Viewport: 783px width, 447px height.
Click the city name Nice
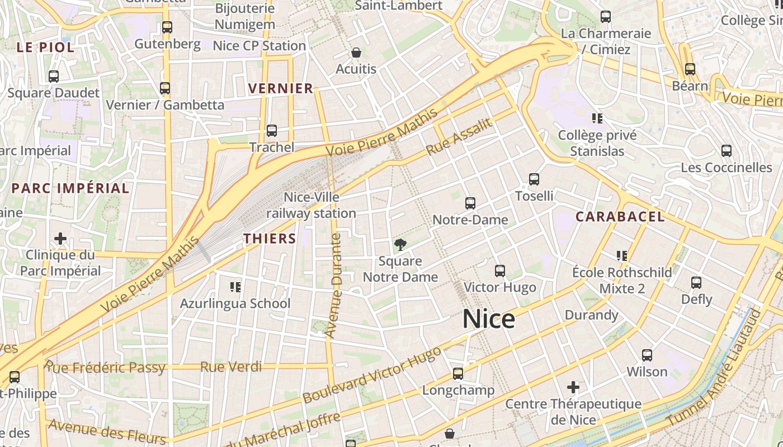coord(489,319)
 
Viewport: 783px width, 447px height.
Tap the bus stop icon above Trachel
coord(272,131)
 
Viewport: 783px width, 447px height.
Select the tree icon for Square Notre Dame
coord(400,244)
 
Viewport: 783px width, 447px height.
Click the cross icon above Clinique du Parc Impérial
coord(60,239)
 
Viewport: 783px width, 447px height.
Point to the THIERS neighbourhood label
coord(270,239)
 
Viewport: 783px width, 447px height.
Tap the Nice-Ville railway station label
coord(311,205)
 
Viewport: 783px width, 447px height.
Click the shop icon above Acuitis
coord(356,53)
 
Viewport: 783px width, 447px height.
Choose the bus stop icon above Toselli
coord(534,179)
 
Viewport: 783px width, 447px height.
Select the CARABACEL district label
coord(620,217)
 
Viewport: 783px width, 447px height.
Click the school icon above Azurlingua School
coord(235,287)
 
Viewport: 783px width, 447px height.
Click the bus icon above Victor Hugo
coord(500,271)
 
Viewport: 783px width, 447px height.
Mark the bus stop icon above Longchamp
coord(458,374)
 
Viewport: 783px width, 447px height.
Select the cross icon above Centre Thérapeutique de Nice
coord(573,387)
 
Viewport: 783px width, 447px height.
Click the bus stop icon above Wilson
coord(647,355)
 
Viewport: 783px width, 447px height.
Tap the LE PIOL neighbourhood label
coord(45,47)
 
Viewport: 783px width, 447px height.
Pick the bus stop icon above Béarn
coord(690,69)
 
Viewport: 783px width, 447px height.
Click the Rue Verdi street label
coord(231,367)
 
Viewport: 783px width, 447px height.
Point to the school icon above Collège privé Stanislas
coord(597,118)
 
